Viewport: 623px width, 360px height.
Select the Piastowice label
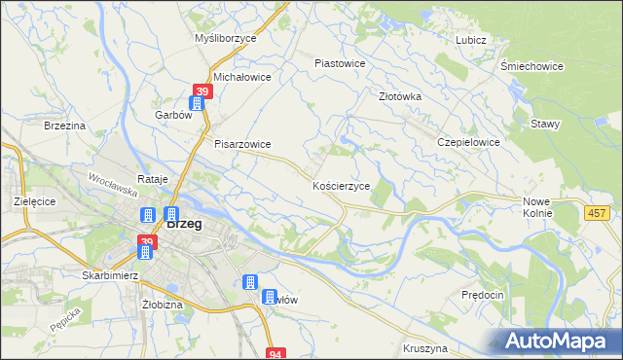[340, 63]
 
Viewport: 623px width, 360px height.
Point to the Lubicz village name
[470, 40]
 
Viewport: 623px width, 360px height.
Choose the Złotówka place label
[399, 96]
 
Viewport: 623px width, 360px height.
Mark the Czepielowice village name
[468, 142]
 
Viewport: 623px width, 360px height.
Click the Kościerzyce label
[341, 185]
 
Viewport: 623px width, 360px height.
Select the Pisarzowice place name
[242, 144]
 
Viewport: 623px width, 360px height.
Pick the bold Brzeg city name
[184, 223]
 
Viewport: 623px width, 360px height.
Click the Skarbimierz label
[112, 275]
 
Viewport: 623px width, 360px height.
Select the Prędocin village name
[483, 294]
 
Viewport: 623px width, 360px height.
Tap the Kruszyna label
[423, 347]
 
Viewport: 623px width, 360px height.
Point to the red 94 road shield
[276, 353]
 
